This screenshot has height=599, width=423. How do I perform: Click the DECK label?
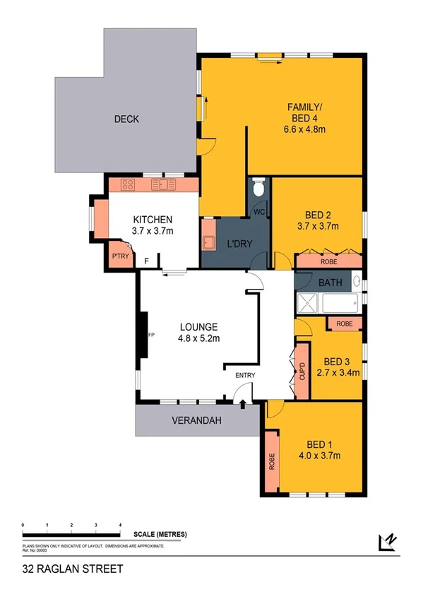126,119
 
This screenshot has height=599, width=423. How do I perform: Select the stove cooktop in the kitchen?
129,185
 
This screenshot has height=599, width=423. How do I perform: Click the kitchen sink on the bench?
167,185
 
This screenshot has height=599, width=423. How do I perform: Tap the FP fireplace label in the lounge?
150,335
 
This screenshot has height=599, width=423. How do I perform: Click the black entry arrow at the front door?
244,404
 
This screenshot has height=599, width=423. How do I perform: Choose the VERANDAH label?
197,421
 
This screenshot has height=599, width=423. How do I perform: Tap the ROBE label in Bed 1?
271,461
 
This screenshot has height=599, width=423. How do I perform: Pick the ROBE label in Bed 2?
329,262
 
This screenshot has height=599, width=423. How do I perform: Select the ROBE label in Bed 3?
345,324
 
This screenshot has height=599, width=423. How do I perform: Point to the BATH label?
330,283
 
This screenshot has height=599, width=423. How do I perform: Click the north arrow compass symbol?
388,542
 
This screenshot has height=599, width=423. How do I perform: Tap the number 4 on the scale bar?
120,526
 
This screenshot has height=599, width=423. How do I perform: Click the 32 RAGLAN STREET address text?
73,569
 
